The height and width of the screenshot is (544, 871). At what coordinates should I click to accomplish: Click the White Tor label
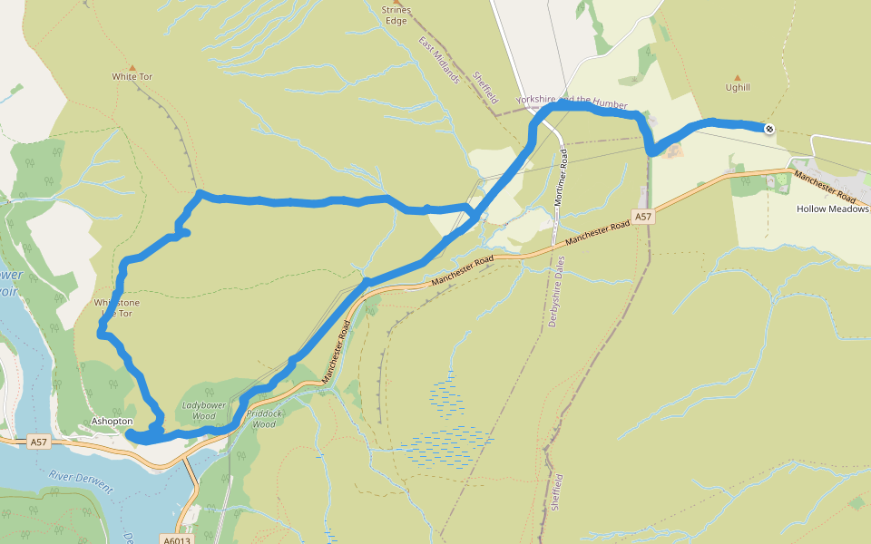click(x=132, y=77)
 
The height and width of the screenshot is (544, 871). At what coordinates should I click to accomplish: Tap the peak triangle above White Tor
click(x=132, y=67)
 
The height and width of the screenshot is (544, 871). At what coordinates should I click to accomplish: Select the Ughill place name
click(x=738, y=88)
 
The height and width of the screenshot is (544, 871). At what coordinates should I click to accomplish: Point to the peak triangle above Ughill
click(x=737, y=78)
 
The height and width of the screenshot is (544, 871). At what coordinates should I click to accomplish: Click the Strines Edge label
click(x=396, y=15)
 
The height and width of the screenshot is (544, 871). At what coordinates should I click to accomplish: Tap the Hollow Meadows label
click(x=832, y=209)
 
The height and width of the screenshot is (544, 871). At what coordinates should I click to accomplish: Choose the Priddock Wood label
click(x=263, y=417)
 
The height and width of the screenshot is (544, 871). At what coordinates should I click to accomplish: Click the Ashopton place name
click(x=113, y=422)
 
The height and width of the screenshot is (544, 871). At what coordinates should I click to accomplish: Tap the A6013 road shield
click(x=178, y=538)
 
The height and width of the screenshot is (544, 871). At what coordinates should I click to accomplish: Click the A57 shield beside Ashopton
click(x=38, y=442)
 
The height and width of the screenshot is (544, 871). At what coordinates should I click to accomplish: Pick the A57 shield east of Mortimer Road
click(x=643, y=217)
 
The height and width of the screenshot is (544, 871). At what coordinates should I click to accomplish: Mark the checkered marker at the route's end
click(x=769, y=130)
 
